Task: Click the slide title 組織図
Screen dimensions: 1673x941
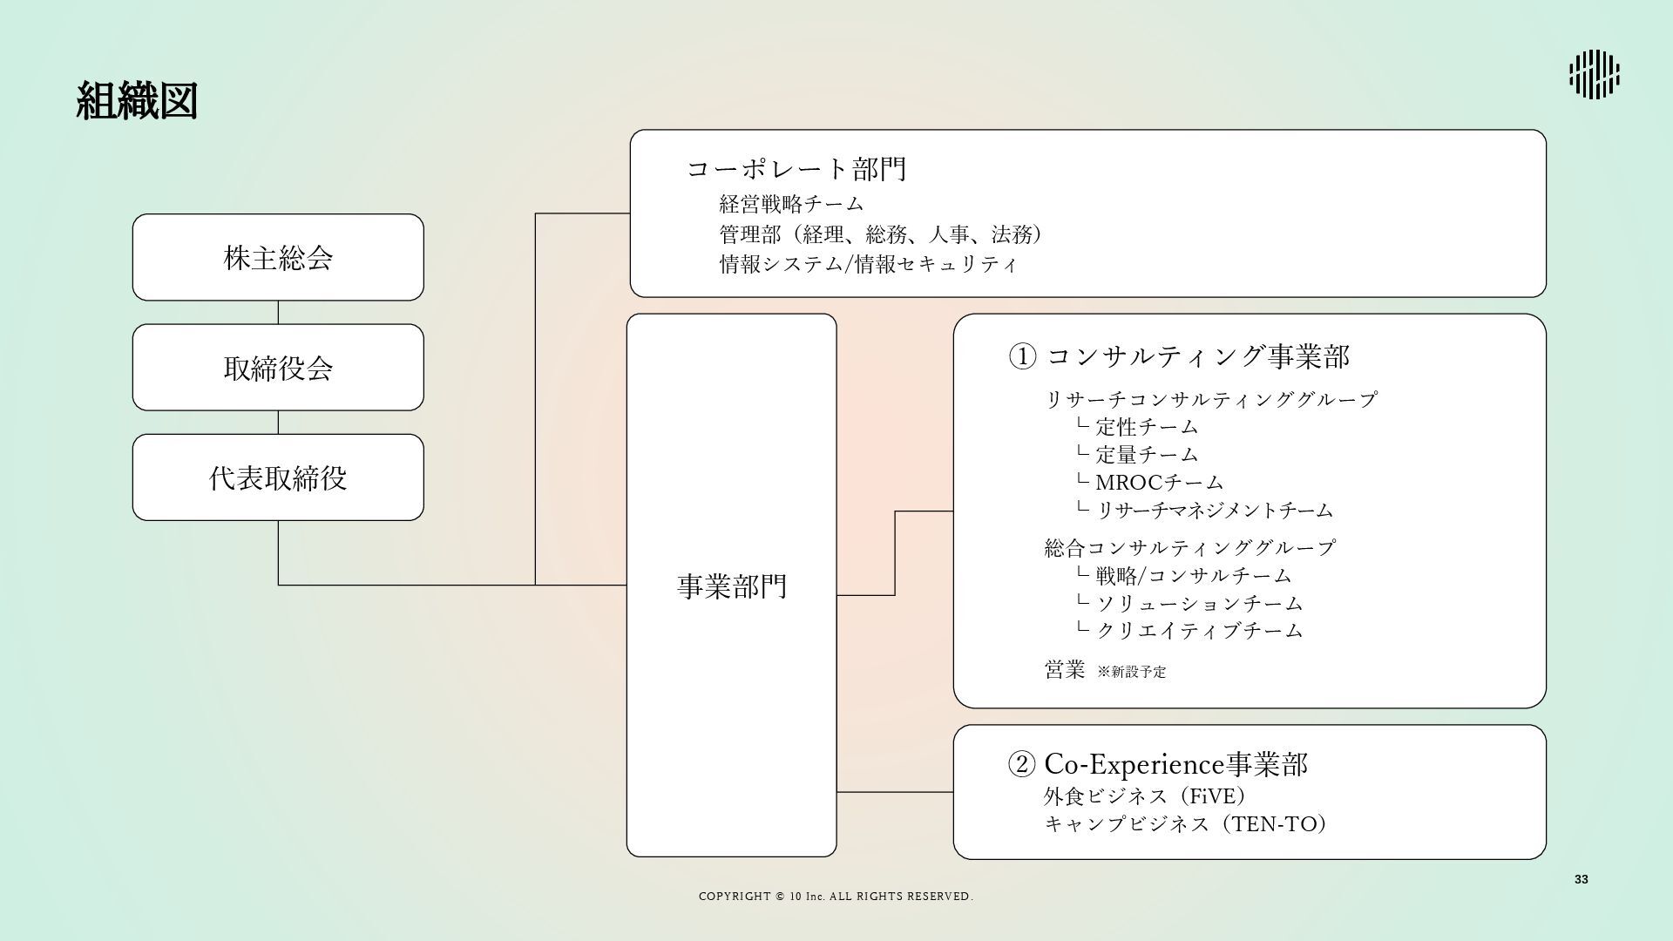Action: point(137,102)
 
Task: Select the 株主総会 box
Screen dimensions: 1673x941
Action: point(278,258)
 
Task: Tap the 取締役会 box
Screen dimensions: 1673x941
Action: point(278,368)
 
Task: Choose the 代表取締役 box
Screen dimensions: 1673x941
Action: point(278,477)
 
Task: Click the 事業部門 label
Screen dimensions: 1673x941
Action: point(732,586)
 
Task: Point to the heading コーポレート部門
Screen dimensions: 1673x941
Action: point(796,168)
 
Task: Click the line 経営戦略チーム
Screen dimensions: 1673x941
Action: point(791,204)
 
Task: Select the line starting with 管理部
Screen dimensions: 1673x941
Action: point(880,234)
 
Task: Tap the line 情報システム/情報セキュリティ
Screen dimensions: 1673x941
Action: point(868,264)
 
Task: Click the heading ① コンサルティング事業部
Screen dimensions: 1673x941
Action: point(1179,356)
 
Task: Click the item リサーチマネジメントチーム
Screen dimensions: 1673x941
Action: point(1214,510)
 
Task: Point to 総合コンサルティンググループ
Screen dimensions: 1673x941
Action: point(1189,548)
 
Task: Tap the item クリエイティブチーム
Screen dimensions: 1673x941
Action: point(1198,630)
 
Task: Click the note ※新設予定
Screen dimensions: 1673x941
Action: point(1131,672)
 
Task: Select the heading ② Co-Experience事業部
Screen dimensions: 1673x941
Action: point(1158,764)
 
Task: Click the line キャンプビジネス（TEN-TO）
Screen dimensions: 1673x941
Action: point(1185,823)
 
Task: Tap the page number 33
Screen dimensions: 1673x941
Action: point(1581,879)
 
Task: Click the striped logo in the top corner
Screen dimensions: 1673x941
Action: point(1594,74)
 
